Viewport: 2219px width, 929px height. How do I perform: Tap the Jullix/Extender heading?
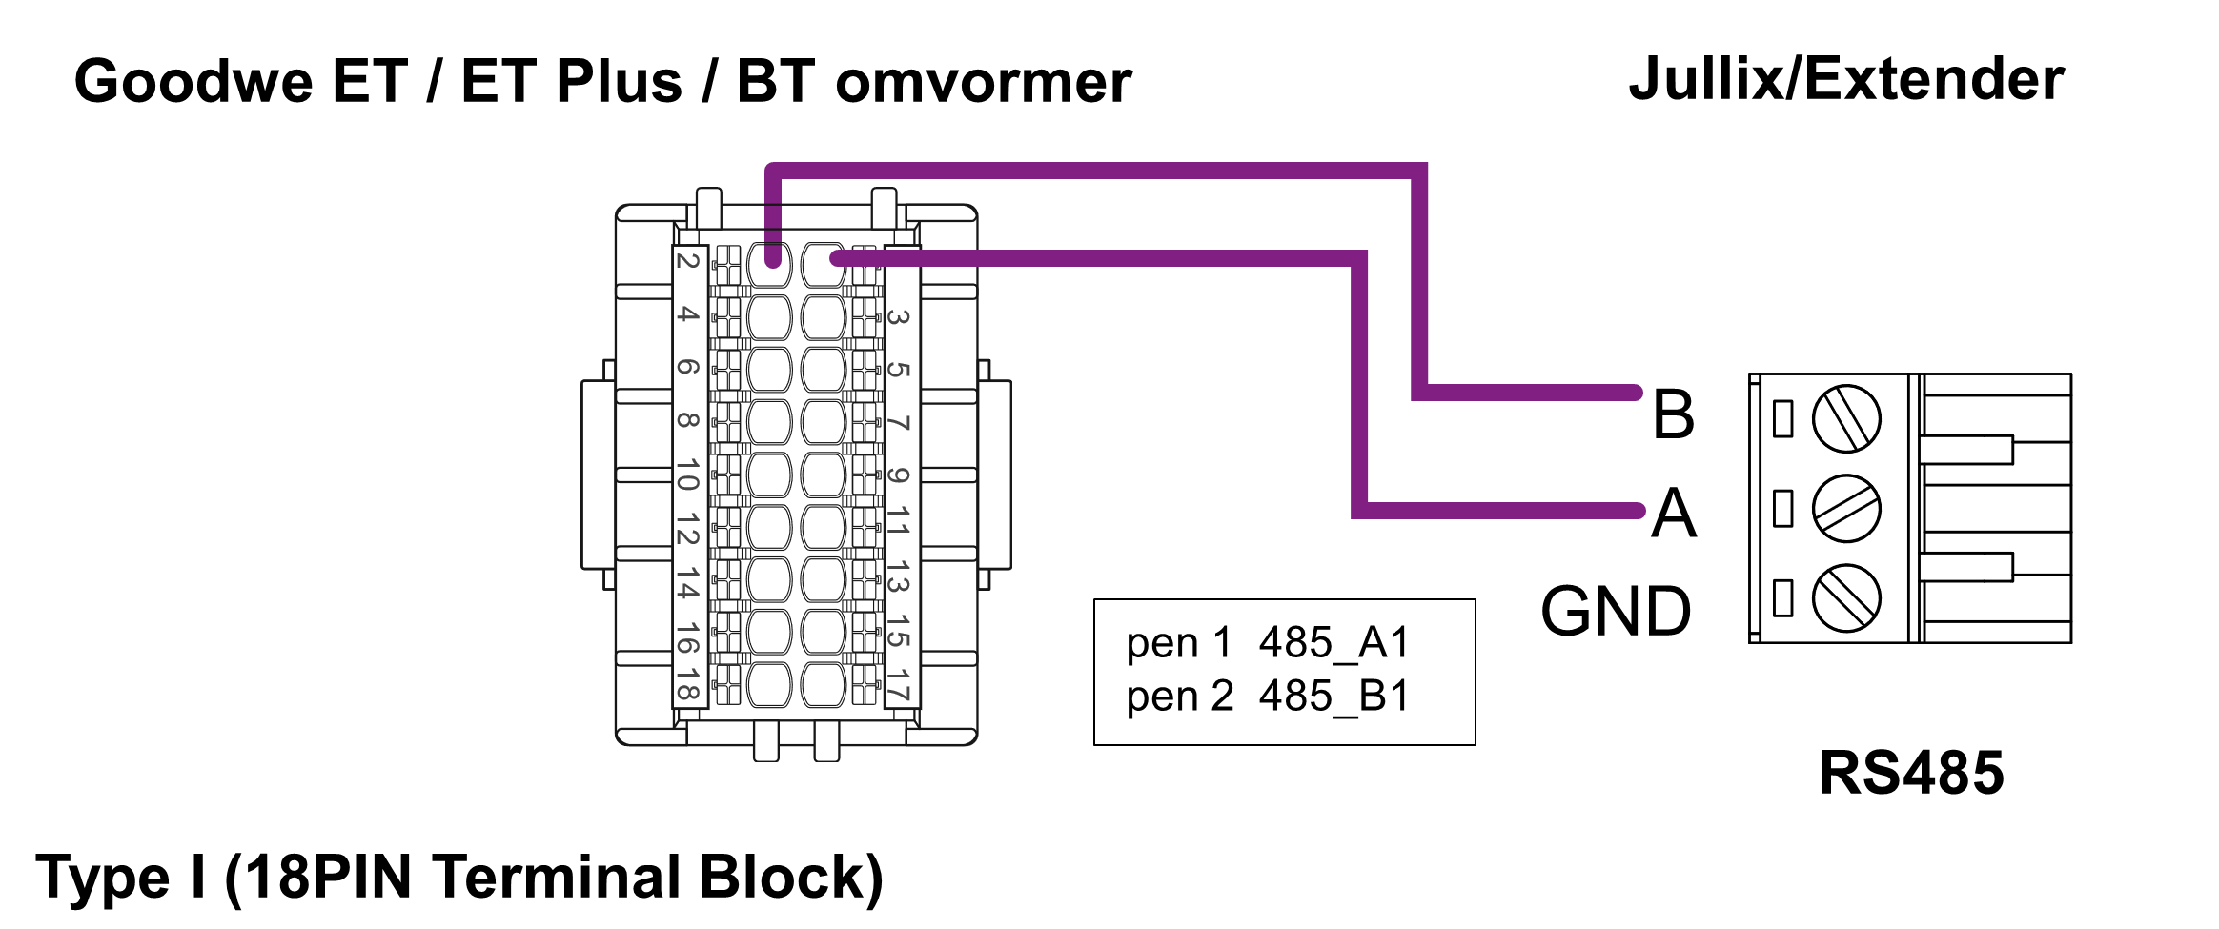(x=1846, y=79)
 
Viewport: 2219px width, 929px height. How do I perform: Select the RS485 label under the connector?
(x=1911, y=772)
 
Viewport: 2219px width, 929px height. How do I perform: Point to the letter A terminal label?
(x=1674, y=514)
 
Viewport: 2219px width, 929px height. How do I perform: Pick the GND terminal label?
(x=1617, y=612)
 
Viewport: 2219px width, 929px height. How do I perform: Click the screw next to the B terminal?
(x=1846, y=418)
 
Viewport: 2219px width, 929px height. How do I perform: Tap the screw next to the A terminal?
(x=1846, y=509)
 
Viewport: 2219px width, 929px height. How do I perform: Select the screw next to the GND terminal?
(x=1846, y=598)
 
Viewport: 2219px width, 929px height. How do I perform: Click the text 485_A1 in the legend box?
(x=1333, y=643)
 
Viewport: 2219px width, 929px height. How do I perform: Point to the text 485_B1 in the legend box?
(x=1333, y=697)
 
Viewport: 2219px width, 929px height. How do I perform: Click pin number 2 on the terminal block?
(x=688, y=260)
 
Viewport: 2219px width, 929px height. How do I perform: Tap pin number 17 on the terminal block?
(x=898, y=685)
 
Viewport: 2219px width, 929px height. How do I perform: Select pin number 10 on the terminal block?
(x=688, y=475)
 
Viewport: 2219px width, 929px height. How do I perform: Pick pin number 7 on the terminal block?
(x=898, y=422)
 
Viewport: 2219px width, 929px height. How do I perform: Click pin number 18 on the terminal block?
(x=688, y=685)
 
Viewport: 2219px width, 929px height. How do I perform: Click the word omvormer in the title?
(x=983, y=83)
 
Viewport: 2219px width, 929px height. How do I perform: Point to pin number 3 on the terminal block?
(x=898, y=316)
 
